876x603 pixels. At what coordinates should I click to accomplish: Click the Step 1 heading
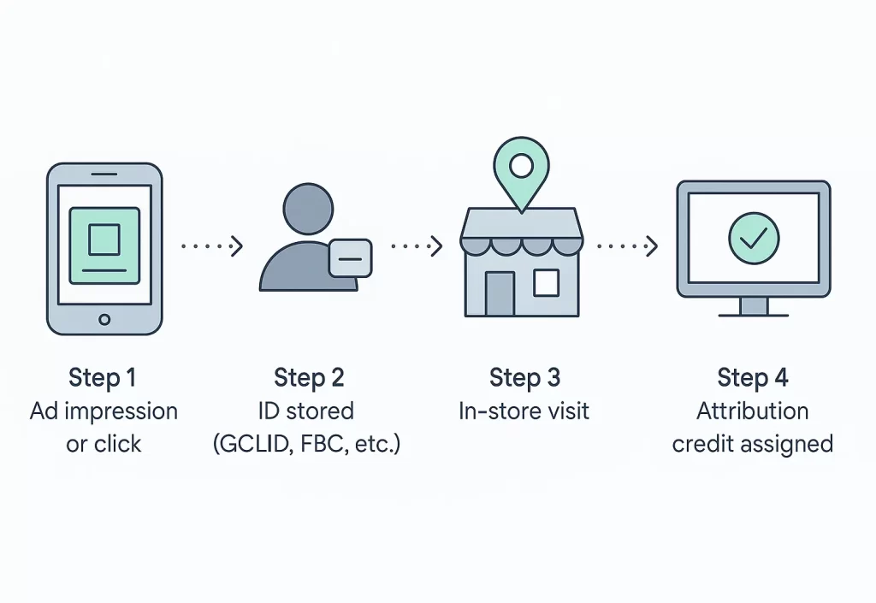click(x=103, y=377)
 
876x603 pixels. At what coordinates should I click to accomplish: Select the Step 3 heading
click(x=524, y=377)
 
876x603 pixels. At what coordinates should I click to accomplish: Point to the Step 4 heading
click(x=753, y=377)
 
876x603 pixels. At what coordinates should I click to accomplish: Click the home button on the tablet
click(x=104, y=319)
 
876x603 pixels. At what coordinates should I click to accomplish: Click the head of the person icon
click(x=307, y=210)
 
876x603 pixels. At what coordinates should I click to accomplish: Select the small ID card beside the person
click(x=350, y=257)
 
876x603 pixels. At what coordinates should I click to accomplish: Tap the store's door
click(x=500, y=293)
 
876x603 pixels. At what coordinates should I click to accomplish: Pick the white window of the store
click(x=546, y=282)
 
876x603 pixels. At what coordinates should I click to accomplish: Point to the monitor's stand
click(x=754, y=306)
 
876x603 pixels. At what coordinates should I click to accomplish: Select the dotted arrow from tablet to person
click(x=212, y=246)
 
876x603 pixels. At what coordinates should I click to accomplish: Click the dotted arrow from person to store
click(x=417, y=246)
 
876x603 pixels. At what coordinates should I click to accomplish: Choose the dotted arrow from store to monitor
click(x=627, y=246)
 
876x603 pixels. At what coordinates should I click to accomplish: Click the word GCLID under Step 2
click(x=248, y=445)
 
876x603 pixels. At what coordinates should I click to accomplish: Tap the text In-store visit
click(x=524, y=411)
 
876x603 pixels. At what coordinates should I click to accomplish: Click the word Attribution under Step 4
click(x=752, y=411)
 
